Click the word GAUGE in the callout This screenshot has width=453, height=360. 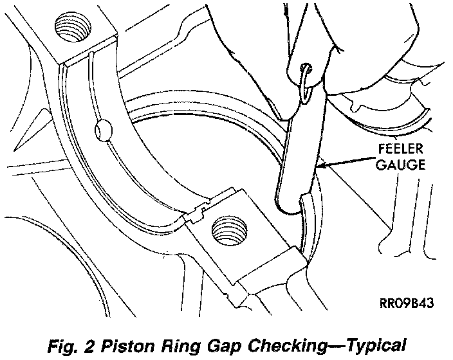[x=400, y=165]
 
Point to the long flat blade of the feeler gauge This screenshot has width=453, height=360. [x=299, y=148]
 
